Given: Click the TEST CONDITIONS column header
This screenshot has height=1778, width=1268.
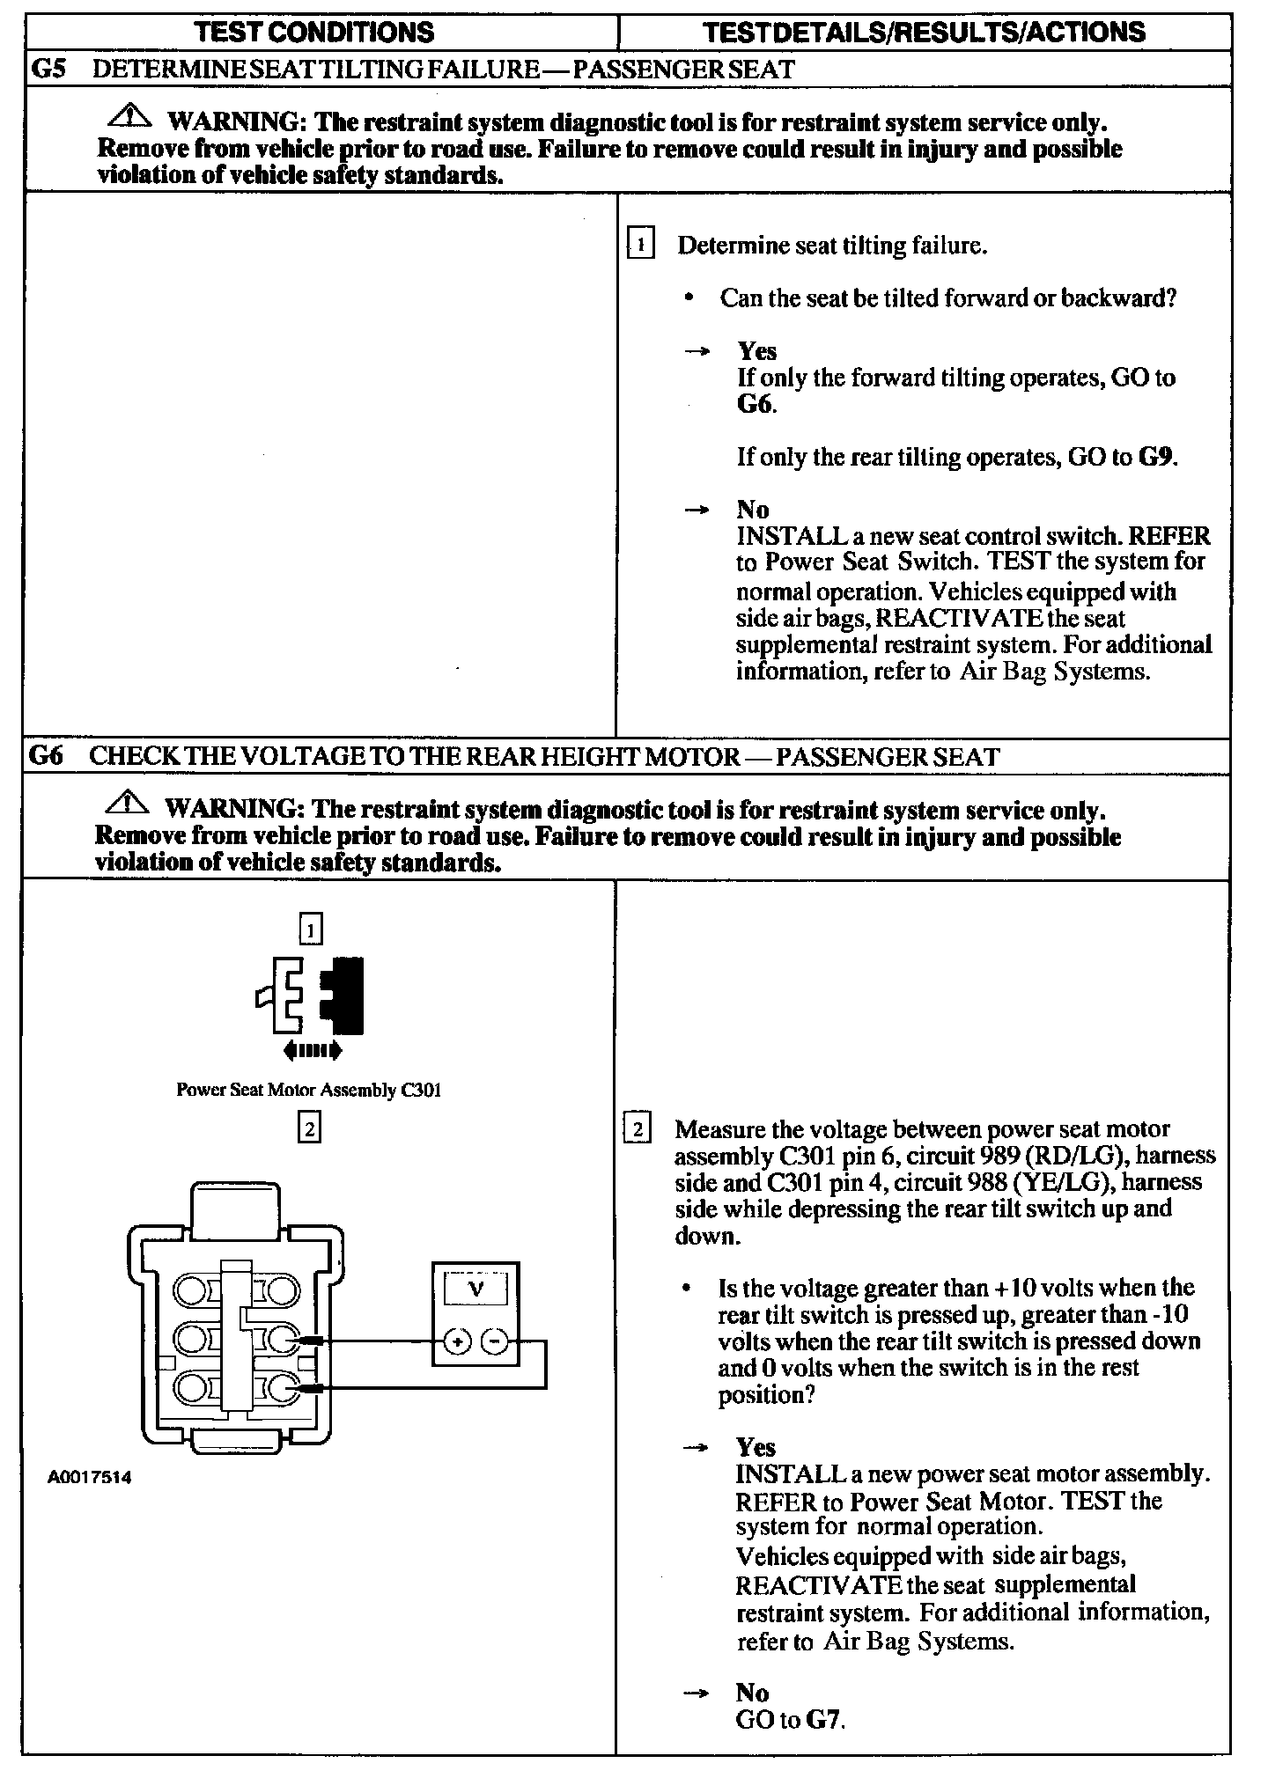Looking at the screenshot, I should click(x=313, y=33).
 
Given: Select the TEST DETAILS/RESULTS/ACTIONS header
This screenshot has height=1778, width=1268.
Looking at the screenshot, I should click(x=925, y=33).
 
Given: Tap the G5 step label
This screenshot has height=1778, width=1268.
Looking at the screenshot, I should click(x=48, y=69).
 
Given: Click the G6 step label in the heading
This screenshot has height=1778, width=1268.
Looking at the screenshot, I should click(x=47, y=756).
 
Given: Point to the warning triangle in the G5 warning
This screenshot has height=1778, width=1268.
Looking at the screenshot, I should click(x=130, y=115).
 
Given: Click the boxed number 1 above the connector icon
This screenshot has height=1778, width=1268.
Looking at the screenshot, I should click(x=311, y=929).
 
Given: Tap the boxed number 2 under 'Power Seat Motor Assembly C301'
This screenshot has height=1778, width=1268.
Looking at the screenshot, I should click(x=309, y=1128).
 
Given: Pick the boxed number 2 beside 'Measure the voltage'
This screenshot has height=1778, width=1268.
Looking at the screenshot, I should click(x=637, y=1128).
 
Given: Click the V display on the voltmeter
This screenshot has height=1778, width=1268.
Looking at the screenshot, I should click(x=475, y=1290).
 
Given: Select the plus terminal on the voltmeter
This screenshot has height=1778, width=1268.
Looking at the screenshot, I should click(x=457, y=1341).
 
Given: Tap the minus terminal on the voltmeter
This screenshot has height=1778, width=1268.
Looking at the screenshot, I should click(x=495, y=1341).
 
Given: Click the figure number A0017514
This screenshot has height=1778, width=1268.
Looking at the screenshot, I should click(x=90, y=1478).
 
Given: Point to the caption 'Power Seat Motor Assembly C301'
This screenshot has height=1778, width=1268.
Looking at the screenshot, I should click(x=308, y=1090).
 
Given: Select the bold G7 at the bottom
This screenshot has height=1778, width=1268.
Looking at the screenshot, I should click(x=824, y=1719).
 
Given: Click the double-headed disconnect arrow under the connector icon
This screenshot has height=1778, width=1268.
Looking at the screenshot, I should click(x=313, y=1049).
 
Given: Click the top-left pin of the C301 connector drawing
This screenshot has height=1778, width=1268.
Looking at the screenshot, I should click(x=189, y=1291).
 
